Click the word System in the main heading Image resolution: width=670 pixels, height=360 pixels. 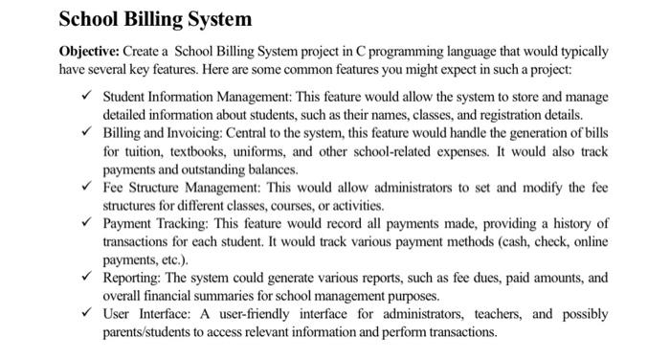click(218, 18)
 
